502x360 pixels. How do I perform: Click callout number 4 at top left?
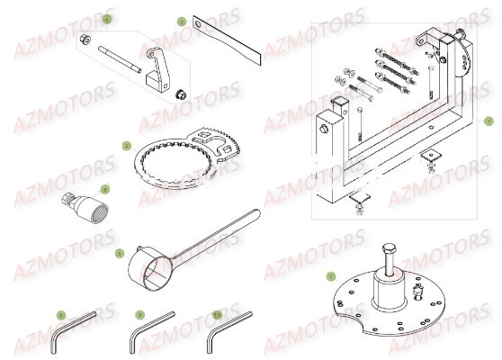tap(107, 19)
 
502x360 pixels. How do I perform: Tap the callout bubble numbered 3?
tap(180, 21)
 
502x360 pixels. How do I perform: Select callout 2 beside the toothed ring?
tap(127, 145)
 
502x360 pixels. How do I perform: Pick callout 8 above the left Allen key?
tap(61, 315)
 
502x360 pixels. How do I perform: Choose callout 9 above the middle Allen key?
tap(139, 315)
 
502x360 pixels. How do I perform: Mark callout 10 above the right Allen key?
tap(217, 315)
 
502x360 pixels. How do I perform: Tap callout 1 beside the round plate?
tap(330, 277)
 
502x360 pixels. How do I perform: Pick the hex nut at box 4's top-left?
tap(83, 40)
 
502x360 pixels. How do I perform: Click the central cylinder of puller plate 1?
tap(392, 288)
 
